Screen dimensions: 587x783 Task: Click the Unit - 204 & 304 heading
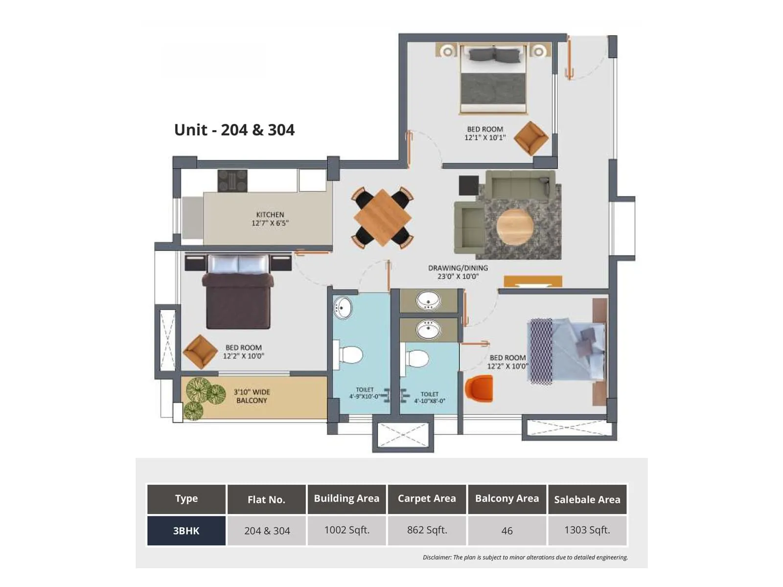click(x=234, y=130)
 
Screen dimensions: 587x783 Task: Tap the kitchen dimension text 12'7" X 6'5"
click(x=270, y=223)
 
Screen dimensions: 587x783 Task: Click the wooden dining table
click(x=382, y=218)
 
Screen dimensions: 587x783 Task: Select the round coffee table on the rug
click(x=514, y=227)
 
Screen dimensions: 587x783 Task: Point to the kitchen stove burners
click(x=232, y=181)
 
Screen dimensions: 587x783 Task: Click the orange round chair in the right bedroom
click(x=479, y=388)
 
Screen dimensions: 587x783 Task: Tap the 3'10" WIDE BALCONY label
click(x=252, y=396)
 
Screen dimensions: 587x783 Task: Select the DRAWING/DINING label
click(x=458, y=268)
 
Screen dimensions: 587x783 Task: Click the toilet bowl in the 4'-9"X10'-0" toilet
click(x=350, y=355)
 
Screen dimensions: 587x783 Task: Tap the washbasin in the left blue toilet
click(x=343, y=308)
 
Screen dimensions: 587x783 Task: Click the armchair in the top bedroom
click(x=530, y=138)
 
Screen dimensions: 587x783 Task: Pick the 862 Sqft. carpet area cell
click(x=427, y=530)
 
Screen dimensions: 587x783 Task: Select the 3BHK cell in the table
click(x=186, y=531)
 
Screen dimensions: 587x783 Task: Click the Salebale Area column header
click(x=587, y=499)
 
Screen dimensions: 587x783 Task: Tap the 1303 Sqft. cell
click(x=587, y=530)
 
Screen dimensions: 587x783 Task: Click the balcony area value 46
click(x=507, y=531)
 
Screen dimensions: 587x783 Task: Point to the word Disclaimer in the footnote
click(x=437, y=557)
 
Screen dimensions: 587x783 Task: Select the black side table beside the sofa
click(x=468, y=185)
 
